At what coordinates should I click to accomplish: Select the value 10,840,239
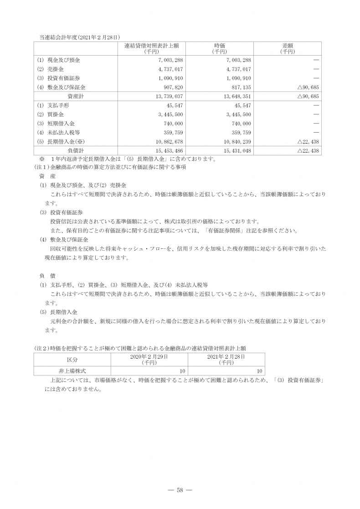236,141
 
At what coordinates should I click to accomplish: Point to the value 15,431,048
236,150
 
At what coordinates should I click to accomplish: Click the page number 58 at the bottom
180,490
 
